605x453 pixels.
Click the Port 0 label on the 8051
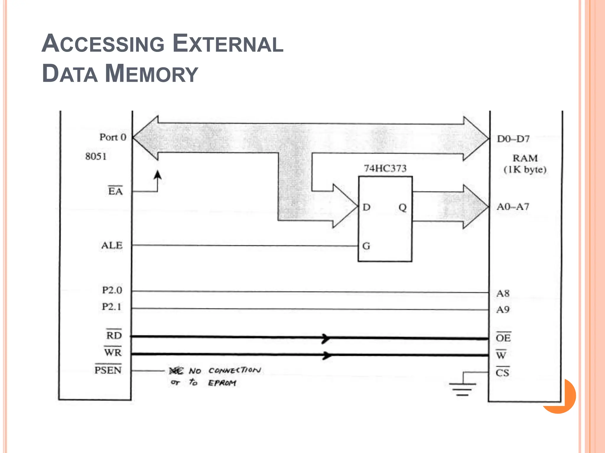click(x=113, y=137)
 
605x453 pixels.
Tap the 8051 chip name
click(x=96, y=156)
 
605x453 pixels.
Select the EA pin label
click(x=115, y=191)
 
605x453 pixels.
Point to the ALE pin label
click(x=112, y=245)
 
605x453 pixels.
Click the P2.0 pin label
click(x=112, y=290)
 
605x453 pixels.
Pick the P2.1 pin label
click(x=112, y=307)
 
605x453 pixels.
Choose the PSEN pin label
click(x=108, y=370)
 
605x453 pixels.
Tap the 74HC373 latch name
click(x=385, y=168)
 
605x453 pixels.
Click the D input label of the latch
click(x=366, y=207)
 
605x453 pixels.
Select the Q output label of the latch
click(x=403, y=208)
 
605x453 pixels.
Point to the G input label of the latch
click(x=366, y=246)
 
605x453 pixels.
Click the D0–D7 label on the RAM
click(x=513, y=139)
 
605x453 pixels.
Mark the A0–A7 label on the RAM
click(x=513, y=207)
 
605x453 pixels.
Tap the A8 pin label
click(x=503, y=293)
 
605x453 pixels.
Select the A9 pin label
click(x=503, y=310)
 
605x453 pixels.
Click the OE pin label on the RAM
click(x=503, y=338)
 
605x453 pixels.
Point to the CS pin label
click(x=502, y=373)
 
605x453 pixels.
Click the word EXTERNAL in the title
click(x=228, y=44)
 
